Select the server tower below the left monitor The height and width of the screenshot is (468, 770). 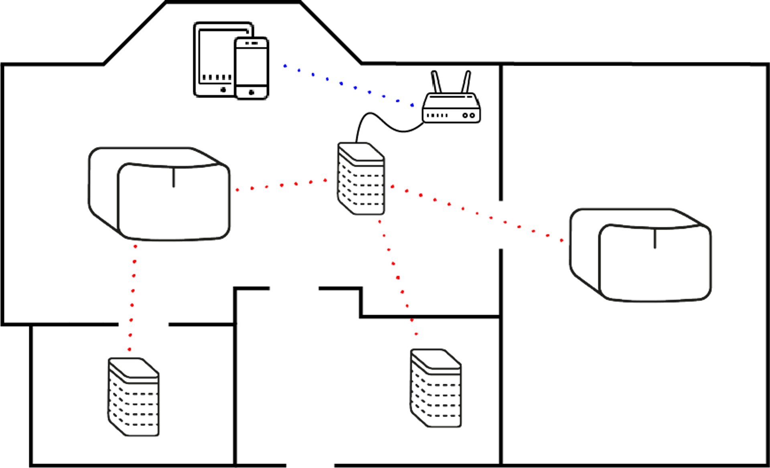[x=134, y=397]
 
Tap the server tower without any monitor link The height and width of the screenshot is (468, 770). [x=436, y=389]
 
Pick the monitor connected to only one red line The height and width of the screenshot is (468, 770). [x=640, y=255]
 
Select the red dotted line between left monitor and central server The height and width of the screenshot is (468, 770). [x=282, y=185]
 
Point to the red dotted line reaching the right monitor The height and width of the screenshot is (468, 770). [x=477, y=213]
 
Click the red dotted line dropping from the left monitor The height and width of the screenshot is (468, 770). [x=133, y=298]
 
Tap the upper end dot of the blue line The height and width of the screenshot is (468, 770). [x=286, y=66]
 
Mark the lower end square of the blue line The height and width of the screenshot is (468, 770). [x=412, y=105]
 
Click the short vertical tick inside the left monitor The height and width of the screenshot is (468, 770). [x=173, y=178]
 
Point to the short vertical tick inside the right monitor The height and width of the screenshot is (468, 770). [x=655, y=239]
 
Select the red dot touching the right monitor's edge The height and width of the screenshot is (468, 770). [x=562, y=241]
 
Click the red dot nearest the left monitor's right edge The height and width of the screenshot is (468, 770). [x=237, y=190]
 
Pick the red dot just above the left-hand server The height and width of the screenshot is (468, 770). [x=129, y=350]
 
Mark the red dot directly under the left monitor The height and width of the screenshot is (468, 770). [x=135, y=247]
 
